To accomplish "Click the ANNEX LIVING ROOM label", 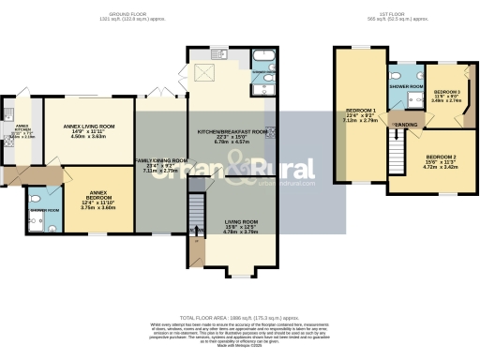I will point(89,126).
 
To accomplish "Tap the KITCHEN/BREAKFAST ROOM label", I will point(228,132).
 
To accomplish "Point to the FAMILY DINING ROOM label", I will point(160,160).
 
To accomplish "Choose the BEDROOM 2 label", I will point(442,157).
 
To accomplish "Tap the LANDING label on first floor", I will point(405,124).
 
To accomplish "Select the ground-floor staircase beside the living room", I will point(197,212).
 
